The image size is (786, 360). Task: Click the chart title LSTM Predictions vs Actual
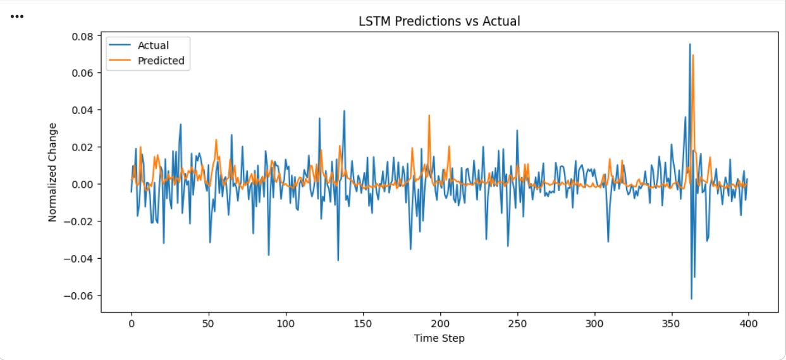439,21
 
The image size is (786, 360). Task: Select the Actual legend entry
153,46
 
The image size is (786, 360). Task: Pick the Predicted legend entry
161,61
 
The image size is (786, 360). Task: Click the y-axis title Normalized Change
52,172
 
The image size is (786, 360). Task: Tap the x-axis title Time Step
439,338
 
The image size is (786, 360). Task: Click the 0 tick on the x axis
132,323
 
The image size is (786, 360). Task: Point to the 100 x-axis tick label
286,323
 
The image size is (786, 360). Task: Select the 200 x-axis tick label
440,323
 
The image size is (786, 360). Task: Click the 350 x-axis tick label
672,323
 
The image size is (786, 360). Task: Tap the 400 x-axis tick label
749,323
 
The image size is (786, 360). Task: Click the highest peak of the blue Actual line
690,44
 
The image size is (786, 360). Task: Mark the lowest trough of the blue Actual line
691,299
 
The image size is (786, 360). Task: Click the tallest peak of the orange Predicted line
693,55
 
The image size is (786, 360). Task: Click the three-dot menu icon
17,16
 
